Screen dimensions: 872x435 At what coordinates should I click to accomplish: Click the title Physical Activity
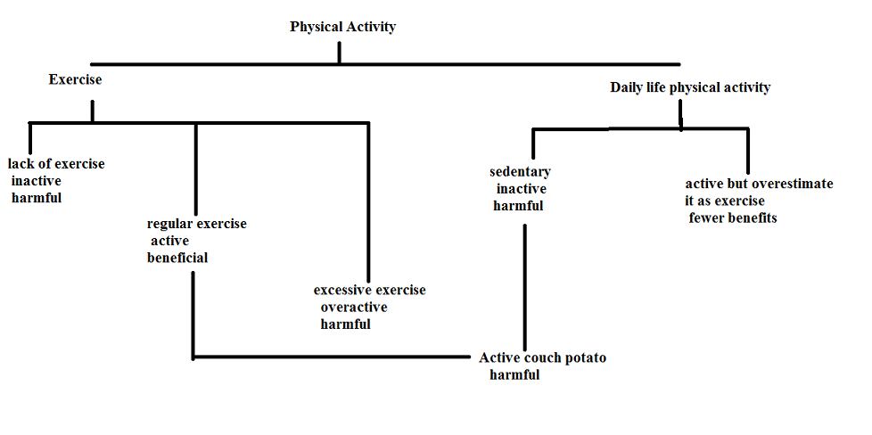(x=342, y=27)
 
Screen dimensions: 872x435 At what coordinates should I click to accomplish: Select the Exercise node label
(x=75, y=79)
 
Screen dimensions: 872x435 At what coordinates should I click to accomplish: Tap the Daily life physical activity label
(x=690, y=87)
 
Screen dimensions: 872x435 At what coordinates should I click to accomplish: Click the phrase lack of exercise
(x=56, y=164)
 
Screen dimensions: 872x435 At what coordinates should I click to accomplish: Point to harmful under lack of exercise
(x=37, y=198)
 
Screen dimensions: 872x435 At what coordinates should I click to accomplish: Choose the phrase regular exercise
(x=197, y=224)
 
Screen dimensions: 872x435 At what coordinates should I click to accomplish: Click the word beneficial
(x=177, y=259)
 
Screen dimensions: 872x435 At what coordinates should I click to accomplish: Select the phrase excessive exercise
(x=370, y=291)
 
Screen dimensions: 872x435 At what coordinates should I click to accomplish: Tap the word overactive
(x=354, y=308)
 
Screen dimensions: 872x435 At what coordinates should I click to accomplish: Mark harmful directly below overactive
(x=345, y=324)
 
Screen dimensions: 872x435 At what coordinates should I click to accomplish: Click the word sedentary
(x=520, y=172)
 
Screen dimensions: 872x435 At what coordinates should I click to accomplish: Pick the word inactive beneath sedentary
(x=521, y=189)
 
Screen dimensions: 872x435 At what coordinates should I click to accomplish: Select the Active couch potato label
(x=542, y=358)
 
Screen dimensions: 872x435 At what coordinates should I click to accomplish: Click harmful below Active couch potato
(x=514, y=375)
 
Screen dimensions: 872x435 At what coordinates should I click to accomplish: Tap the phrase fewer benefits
(x=733, y=218)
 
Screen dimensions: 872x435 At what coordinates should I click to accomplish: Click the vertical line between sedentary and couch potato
(x=524, y=288)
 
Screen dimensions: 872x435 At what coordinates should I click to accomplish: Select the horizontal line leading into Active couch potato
(x=331, y=357)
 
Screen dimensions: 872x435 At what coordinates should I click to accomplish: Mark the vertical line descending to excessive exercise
(x=368, y=202)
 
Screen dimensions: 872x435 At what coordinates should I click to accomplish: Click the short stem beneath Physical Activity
(x=339, y=53)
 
